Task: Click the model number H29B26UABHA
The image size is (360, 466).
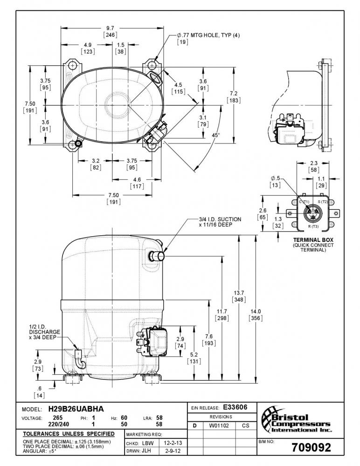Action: [76, 409]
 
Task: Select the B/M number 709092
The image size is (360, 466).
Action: [311, 447]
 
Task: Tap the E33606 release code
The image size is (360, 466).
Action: [235, 407]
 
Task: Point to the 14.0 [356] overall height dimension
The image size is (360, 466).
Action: [256, 315]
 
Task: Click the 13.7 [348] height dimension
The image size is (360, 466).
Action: [239, 296]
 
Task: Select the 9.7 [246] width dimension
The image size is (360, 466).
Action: [110, 32]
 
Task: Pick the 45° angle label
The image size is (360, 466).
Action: [216, 135]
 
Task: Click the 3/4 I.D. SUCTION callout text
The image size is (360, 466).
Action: [220, 222]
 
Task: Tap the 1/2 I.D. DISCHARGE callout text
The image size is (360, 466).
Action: [45, 332]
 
